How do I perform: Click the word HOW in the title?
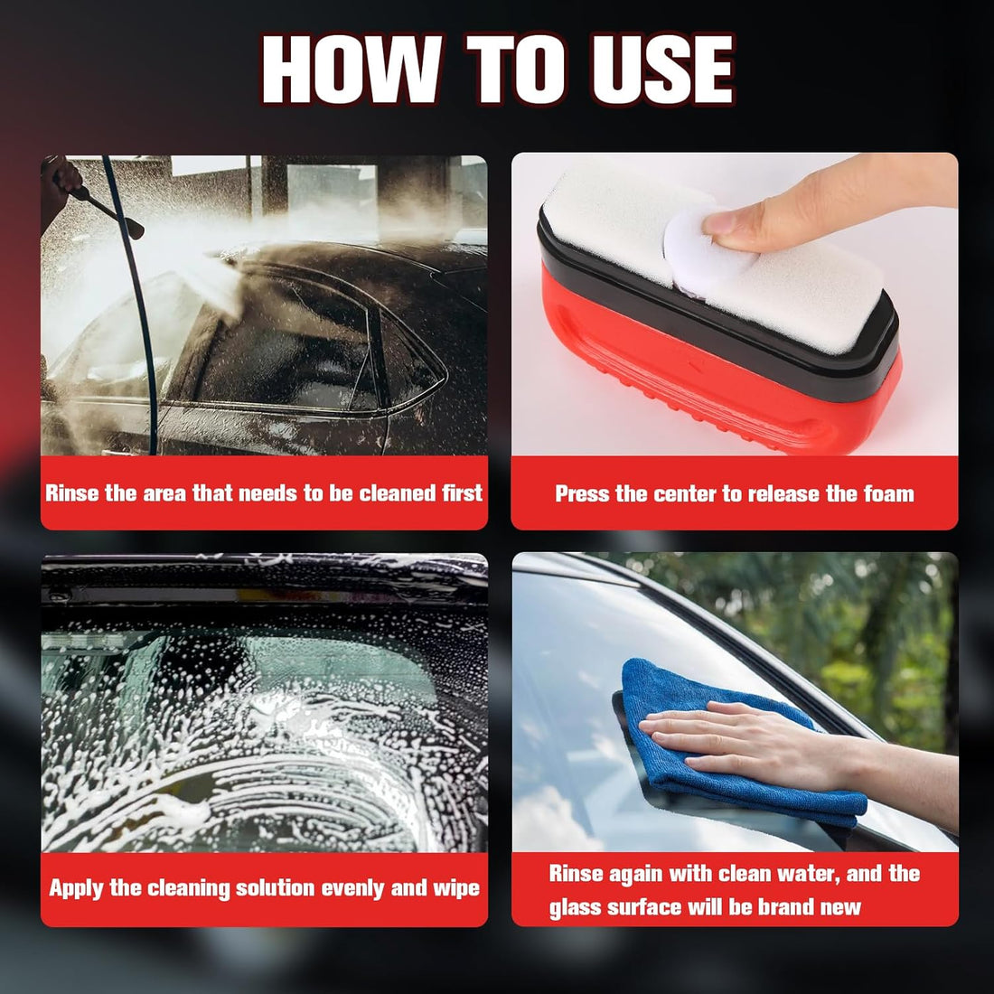click(351, 69)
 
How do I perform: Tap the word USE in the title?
click(663, 69)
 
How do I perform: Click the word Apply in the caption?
click(76, 889)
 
